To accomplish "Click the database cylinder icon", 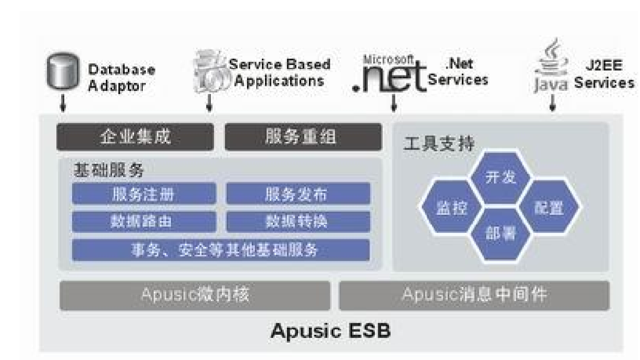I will pos(64,73).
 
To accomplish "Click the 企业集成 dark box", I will pos(136,137).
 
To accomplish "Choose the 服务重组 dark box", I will pos(304,137).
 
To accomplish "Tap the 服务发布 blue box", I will pos(298,194).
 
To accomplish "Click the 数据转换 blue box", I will pos(298,222).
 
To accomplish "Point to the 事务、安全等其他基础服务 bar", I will pos(220,250).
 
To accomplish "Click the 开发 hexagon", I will pos(501,177).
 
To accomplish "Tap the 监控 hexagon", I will pos(451,208).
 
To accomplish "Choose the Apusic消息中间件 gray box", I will pos(474,296).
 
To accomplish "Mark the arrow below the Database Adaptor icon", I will pos(64,104).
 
